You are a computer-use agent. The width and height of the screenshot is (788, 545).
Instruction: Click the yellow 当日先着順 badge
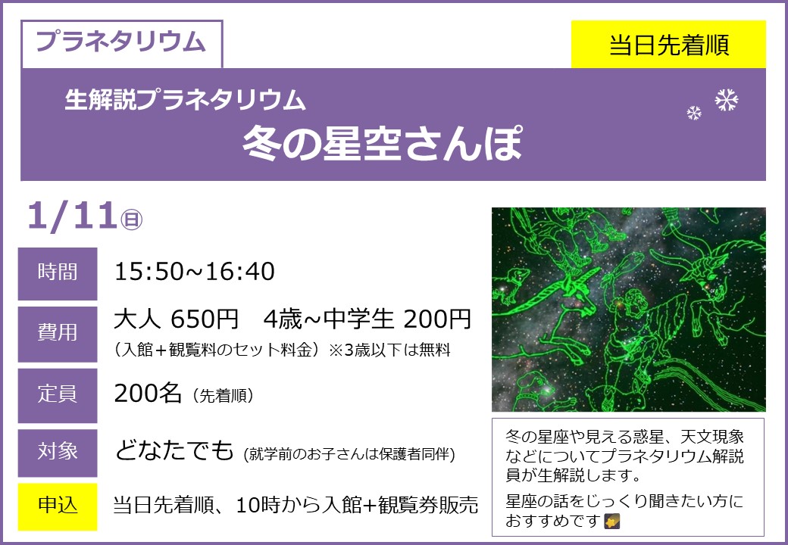[x=668, y=44]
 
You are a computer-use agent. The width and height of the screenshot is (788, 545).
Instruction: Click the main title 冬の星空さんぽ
[x=383, y=143]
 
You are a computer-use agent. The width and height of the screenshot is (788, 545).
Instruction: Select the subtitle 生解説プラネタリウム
[x=185, y=99]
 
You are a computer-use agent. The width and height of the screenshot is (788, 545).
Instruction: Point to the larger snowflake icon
[x=727, y=100]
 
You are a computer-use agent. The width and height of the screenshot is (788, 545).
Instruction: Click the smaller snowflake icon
[x=694, y=113]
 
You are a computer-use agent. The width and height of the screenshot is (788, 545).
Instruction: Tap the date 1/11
[x=73, y=216]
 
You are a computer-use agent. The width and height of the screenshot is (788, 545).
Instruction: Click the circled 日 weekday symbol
[x=132, y=220]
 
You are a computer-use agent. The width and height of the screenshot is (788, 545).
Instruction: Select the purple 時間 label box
[x=58, y=273]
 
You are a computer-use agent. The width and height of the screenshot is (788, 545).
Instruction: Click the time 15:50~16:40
[x=195, y=272]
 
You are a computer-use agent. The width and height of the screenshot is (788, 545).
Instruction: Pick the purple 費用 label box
[x=58, y=335]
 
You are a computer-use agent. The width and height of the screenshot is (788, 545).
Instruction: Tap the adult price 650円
[x=205, y=319]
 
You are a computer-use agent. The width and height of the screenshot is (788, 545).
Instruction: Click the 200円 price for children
[x=436, y=319]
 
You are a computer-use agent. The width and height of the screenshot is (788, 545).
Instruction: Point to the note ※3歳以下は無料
[x=389, y=350]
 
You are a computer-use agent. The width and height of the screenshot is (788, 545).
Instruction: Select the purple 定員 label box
[x=58, y=395]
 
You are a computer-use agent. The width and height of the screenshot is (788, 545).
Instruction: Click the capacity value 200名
[x=148, y=394]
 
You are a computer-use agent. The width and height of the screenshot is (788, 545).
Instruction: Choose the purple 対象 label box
[x=58, y=453]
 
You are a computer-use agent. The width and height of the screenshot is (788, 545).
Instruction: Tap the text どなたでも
[x=174, y=450]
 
